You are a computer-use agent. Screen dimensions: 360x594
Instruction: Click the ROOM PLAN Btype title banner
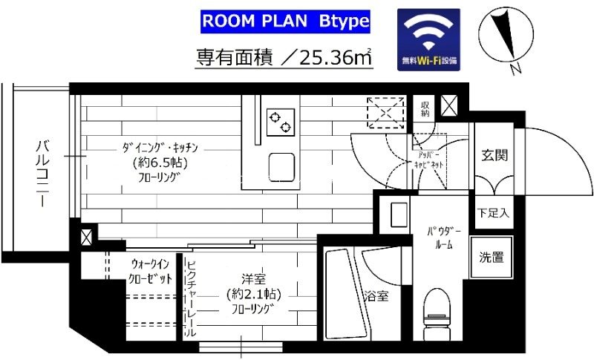tap(286, 22)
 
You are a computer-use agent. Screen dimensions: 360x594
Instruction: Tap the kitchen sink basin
tap(281, 164)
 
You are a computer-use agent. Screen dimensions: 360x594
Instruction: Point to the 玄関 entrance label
tap(494, 156)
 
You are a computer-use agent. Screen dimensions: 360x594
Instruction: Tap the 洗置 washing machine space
tap(492, 258)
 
